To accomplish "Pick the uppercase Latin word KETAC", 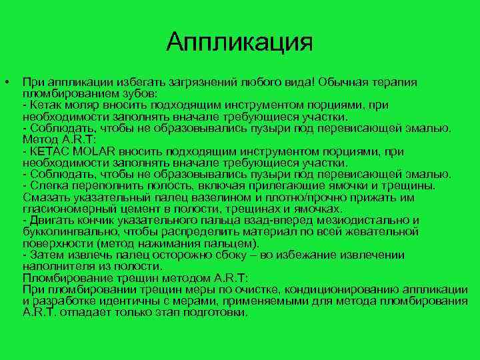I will [x=45, y=151].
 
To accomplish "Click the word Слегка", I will [x=47, y=185].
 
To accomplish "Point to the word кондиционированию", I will [x=339, y=289].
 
